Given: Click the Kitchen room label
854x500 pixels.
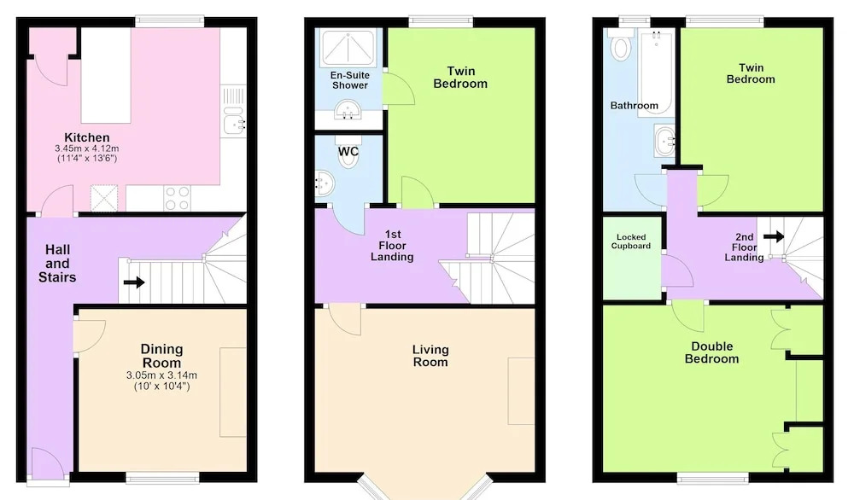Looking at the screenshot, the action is coord(86,137).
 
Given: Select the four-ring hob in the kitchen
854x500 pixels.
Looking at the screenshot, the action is coord(178,198).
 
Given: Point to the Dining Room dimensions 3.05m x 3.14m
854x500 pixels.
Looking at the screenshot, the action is coord(161,375).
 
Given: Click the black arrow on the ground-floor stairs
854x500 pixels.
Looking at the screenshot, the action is coord(134,282).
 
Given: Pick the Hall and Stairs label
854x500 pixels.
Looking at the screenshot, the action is coord(57,264).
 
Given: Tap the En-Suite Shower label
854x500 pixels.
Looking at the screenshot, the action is coord(349,80).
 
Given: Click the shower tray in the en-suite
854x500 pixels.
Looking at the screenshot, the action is coord(348,47).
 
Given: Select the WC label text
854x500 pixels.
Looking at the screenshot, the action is coord(348,151).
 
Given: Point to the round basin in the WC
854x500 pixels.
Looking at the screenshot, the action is coord(324,183).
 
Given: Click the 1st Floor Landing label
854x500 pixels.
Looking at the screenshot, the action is coord(392,246).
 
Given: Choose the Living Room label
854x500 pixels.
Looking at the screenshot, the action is coord(430,356).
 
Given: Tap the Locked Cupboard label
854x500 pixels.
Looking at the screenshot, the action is coord(631,241).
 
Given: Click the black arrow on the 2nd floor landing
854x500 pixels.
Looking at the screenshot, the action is coord(774,236).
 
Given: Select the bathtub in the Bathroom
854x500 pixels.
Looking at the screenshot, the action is coord(656,73).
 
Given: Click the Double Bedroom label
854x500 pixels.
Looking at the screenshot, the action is coord(712,352).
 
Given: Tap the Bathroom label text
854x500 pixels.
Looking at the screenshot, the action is coord(634,106).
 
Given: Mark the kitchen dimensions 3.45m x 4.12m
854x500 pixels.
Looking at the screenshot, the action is coord(86,148).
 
